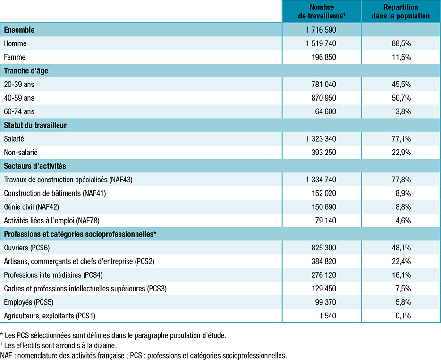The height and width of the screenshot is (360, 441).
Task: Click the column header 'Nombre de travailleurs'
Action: [x=322, y=11]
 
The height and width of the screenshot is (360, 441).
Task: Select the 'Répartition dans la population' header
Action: [x=400, y=11]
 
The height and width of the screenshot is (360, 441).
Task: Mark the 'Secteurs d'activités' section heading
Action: [x=35, y=166]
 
